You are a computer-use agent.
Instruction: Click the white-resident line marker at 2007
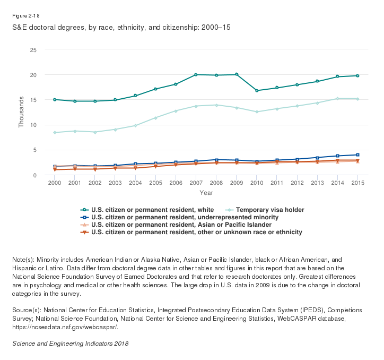196,75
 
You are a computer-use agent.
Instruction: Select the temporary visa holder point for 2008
216,105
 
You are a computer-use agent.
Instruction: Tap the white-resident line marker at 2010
257,91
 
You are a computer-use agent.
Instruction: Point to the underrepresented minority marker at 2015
357,155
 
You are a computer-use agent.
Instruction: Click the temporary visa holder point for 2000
55,132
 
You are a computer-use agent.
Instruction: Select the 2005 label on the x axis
155,183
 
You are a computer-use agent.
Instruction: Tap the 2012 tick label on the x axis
297,183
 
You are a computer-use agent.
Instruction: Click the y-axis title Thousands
22,112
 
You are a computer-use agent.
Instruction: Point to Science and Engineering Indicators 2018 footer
70,343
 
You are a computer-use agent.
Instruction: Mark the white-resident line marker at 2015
357,76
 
